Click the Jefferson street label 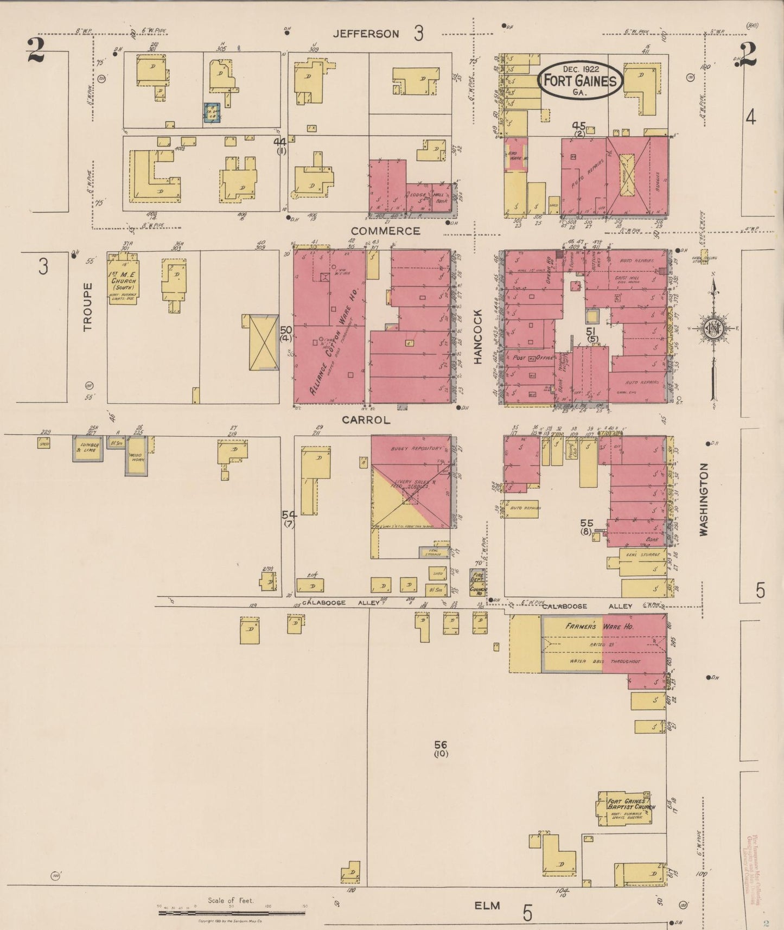click(x=366, y=34)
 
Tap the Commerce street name click(x=385, y=231)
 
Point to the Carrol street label click(x=366, y=420)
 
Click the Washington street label click(x=704, y=499)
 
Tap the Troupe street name click(x=88, y=307)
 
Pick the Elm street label click(x=487, y=905)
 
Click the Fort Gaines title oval click(x=580, y=80)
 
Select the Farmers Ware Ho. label click(x=600, y=627)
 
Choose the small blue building click(x=212, y=113)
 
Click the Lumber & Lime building click(x=88, y=448)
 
